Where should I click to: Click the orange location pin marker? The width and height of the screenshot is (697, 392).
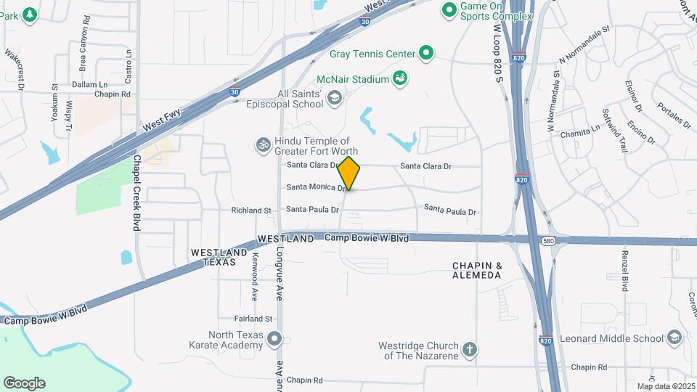tap(349, 173)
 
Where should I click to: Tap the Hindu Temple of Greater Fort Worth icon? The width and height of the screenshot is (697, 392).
tap(263, 146)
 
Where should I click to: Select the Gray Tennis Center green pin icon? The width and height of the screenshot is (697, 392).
tap(426, 53)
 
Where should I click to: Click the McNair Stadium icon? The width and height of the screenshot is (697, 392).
tap(400, 78)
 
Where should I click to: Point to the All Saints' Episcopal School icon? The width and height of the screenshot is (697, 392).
tap(335, 97)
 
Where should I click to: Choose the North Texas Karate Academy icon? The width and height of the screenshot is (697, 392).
tap(274, 338)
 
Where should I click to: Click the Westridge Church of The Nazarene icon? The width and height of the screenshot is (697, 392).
tap(470, 350)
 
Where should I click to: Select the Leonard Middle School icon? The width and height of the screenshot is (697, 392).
tap(674, 338)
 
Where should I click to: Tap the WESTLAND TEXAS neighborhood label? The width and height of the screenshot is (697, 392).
tap(213, 257)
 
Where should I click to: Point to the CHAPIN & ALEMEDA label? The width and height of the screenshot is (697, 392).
tap(477, 271)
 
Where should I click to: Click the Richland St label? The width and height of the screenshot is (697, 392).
tap(251, 211)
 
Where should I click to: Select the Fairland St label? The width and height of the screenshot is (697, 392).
tap(253, 319)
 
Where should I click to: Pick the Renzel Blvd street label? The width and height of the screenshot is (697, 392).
tap(624, 270)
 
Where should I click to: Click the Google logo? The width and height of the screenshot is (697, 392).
tap(24, 383)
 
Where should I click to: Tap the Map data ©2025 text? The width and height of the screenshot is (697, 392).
tap(664, 386)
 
